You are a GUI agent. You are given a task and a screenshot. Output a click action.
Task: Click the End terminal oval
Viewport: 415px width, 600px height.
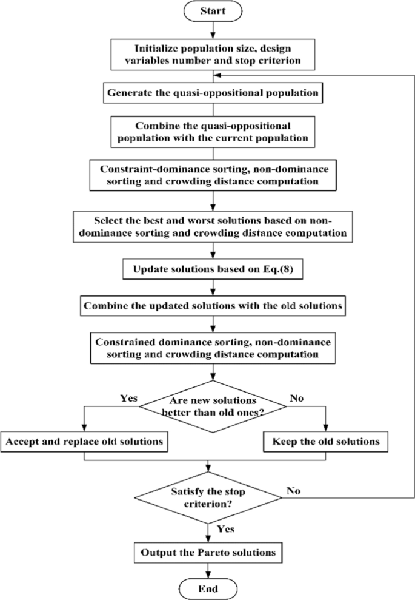point(208,588)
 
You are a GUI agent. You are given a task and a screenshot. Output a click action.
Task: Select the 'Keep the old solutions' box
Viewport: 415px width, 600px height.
point(325,442)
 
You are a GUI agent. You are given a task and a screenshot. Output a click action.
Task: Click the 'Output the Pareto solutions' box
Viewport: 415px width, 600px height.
point(208,553)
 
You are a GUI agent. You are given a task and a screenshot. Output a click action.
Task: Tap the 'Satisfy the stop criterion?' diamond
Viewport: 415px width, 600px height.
point(208,496)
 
